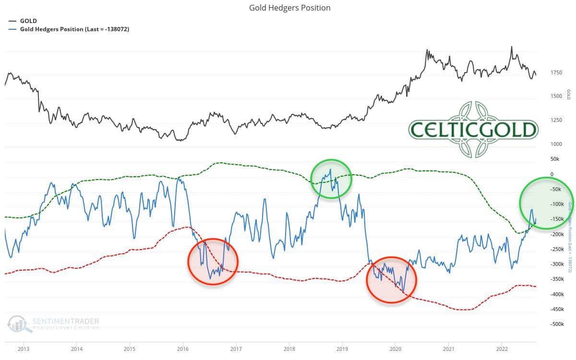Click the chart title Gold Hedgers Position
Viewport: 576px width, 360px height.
click(x=289, y=8)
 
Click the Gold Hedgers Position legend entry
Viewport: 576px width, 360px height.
click(x=74, y=29)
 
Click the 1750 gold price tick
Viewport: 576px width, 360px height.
click(x=556, y=72)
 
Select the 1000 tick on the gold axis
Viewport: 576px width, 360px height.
click(x=556, y=144)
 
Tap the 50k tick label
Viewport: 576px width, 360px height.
click(x=555, y=159)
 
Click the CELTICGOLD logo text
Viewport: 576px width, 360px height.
click(x=473, y=130)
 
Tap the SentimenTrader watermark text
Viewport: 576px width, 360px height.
click(x=65, y=321)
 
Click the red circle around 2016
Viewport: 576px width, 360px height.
click(x=213, y=262)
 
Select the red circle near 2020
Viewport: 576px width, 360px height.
click(x=391, y=280)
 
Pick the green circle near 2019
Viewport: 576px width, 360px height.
click(x=331, y=179)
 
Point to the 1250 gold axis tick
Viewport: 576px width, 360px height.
click(x=556, y=120)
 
